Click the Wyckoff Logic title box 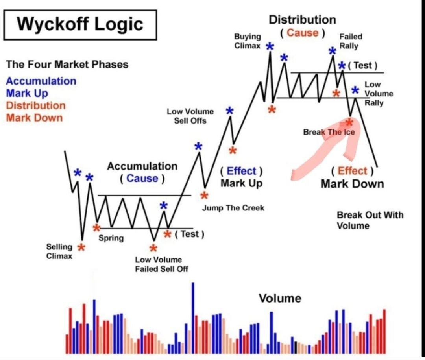80,25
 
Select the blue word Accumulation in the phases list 41,81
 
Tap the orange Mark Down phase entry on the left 34,118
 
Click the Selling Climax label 59,251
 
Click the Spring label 111,238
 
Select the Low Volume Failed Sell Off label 162,264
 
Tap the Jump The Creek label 233,208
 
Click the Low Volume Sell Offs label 190,116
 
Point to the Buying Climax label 248,41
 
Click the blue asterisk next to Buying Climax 270,47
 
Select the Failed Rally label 351,41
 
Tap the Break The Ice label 329,132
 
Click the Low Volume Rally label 379,94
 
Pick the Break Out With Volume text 370,220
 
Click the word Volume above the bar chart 280,298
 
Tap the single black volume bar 296,347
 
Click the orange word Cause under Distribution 303,33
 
